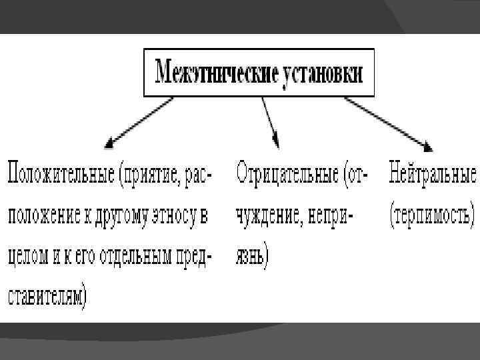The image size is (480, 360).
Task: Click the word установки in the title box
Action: [321, 71]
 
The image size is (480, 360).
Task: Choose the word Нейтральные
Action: [432, 174]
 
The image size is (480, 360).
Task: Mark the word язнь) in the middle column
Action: [251, 257]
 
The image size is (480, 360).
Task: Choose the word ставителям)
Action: [48, 297]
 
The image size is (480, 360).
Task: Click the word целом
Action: [27, 257]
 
